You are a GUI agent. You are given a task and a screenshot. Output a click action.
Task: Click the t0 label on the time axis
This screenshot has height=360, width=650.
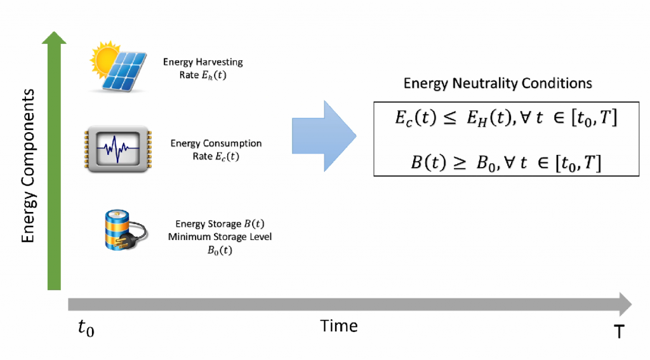point(86,328)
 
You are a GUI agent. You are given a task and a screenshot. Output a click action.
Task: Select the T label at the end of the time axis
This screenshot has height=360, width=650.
point(619,330)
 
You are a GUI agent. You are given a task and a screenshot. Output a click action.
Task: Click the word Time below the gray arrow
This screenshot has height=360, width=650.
point(339,326)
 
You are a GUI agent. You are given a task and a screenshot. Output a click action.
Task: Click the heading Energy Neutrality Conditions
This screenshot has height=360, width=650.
point(498,84)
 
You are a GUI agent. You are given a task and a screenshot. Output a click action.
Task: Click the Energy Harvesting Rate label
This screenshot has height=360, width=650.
point(202,68)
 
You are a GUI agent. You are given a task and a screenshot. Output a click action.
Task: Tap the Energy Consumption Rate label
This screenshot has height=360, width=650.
point(216,149)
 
